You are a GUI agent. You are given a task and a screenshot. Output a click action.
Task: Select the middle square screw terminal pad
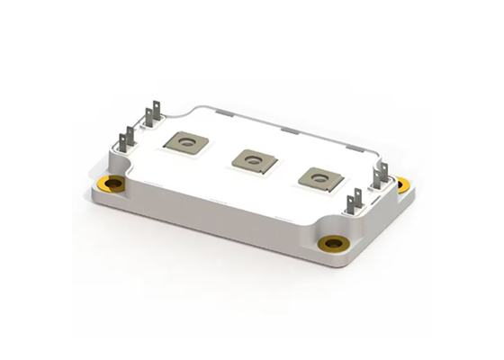coord(249,159)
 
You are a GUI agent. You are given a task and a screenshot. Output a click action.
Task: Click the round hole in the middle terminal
coord(250,158)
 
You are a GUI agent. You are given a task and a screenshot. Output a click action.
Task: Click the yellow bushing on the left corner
coord(113,185)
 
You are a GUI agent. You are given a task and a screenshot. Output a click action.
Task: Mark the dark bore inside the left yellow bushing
coord(113,185)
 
